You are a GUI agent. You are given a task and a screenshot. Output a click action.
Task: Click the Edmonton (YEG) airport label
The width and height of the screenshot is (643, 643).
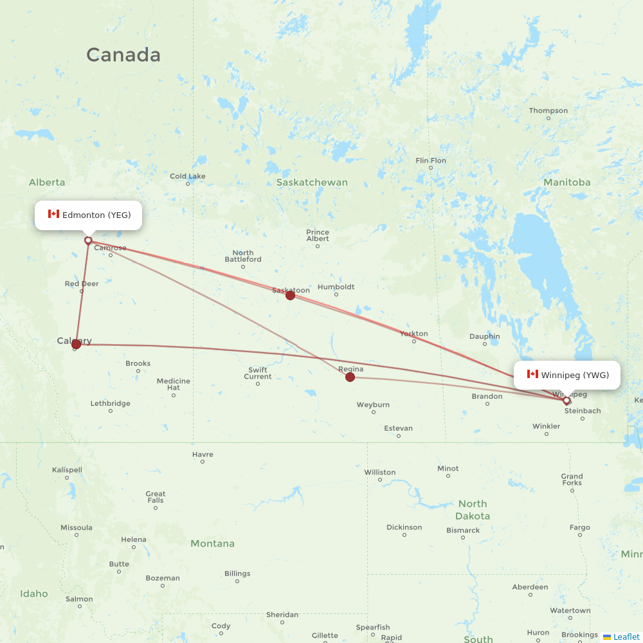(89, 215)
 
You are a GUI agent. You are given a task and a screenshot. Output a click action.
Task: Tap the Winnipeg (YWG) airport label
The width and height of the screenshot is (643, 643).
(567, 375)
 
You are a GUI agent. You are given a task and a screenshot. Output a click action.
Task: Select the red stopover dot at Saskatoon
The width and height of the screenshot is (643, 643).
(290, 295)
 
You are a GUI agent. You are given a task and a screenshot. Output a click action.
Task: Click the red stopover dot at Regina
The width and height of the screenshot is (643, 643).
(350, 377)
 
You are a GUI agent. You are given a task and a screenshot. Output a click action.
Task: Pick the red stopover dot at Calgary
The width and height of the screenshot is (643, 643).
(77, 344)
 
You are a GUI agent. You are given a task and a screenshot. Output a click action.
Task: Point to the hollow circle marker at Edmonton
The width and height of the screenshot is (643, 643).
(88, 240)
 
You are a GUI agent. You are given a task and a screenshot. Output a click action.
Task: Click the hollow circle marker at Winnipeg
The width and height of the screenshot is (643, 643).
(566, 401)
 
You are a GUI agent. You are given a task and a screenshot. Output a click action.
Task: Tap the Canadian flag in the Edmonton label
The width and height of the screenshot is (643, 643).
(53, 214)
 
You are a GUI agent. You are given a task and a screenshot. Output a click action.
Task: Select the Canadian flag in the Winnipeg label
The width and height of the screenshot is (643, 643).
(532, 374)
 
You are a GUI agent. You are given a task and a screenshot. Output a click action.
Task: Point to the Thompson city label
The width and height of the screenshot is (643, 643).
(548, 111)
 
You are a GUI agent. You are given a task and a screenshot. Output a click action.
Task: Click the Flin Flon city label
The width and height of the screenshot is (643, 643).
(430, 161)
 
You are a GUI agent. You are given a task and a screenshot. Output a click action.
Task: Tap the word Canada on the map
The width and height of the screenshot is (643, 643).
(123, 55)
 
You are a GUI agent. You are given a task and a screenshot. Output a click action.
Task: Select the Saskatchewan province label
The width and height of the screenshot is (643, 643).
(312, 183)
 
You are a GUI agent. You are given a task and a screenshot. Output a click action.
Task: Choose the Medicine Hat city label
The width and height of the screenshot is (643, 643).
(173, 385)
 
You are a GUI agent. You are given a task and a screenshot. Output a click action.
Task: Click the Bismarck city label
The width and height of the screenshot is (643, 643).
(463, 530)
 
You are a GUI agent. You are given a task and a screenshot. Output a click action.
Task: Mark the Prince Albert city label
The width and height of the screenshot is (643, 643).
(318, 235)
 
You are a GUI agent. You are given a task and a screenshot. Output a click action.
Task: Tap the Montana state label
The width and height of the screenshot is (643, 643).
(212, 544)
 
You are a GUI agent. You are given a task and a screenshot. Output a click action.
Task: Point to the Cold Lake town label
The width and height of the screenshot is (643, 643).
(187, 176)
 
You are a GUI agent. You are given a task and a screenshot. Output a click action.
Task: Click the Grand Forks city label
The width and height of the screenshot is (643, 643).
(571, 480)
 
